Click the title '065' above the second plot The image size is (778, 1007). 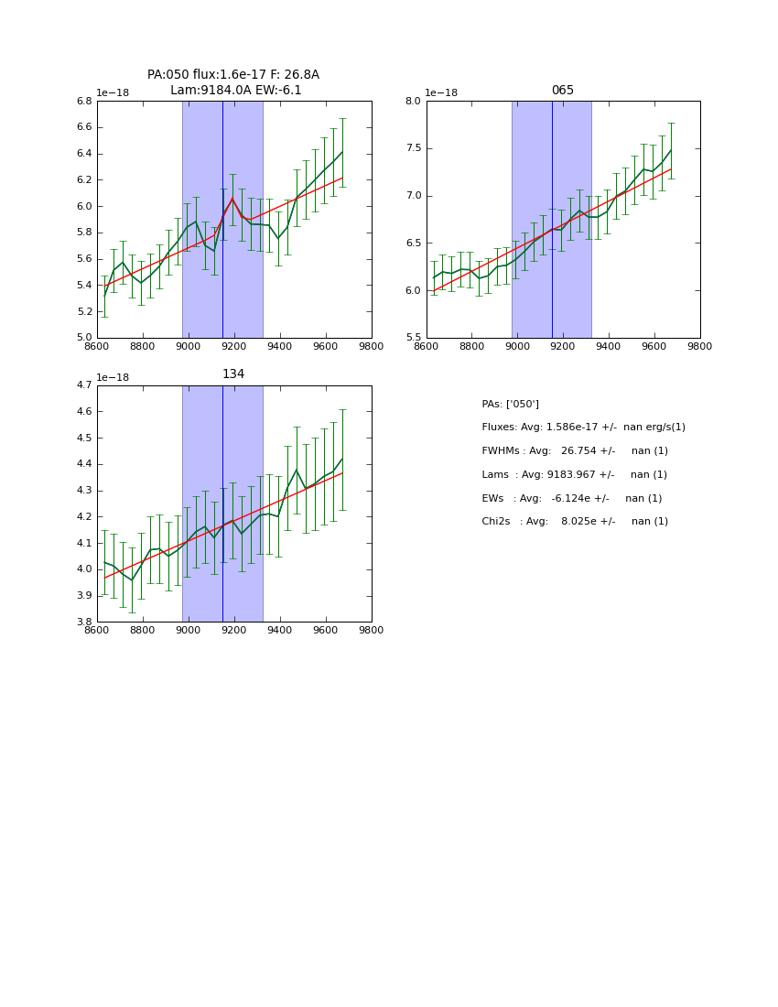coord(562,91)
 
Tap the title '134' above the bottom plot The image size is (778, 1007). coord(233,374)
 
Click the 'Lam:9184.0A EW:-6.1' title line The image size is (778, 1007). coord(235,91)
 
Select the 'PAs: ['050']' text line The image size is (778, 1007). coord(510,404)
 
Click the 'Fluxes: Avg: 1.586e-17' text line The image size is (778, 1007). coord(583,428)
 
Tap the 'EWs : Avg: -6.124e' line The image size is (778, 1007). coord(571,498)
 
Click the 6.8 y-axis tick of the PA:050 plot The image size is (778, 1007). coord(83,101)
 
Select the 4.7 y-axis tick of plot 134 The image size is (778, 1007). coord(83,385)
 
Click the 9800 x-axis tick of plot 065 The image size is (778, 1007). coord(699,347)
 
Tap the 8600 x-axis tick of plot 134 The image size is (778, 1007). coord(96,631)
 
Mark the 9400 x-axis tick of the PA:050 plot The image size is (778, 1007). coord(280,347)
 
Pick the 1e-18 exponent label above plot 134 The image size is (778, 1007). coord(113,377)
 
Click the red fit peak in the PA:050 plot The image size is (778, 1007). coord(232,198)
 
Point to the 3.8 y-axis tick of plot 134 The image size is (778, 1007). coord(83,622)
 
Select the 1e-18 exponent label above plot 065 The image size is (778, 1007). coord(441,93)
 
